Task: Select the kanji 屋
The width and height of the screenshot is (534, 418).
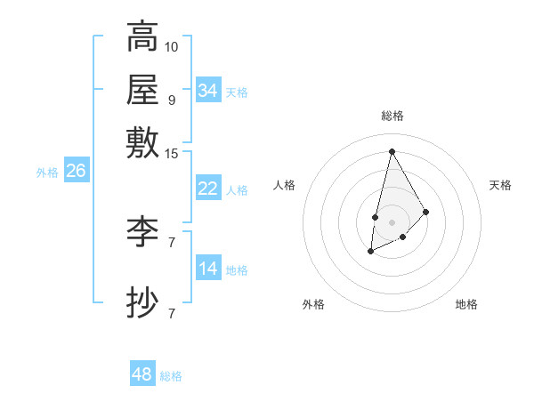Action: point(142,89)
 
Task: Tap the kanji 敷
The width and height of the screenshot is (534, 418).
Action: point(142,142)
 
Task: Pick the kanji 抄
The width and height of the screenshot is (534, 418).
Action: point(142,302)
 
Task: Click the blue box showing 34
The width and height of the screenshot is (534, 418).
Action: point(208,91)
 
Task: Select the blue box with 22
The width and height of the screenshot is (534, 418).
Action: point(208,189)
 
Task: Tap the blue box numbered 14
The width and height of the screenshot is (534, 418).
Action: point(208,269)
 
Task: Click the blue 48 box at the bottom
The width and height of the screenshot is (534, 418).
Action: point(142,374)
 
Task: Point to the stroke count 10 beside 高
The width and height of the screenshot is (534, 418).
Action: point(172,45)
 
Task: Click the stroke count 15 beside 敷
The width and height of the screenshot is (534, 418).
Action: point(172,154)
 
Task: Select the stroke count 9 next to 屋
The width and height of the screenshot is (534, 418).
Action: point(172,100)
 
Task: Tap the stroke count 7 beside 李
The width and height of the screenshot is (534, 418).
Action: point(172,242)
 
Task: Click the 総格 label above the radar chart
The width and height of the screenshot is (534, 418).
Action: point(392,116)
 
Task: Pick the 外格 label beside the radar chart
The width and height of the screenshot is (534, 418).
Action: point(313,304)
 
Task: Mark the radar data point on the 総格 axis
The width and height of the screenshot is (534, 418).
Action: point(392,150)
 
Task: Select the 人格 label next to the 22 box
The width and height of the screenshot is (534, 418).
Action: point(237,189)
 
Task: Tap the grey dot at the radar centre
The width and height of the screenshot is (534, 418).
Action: point(392,221)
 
